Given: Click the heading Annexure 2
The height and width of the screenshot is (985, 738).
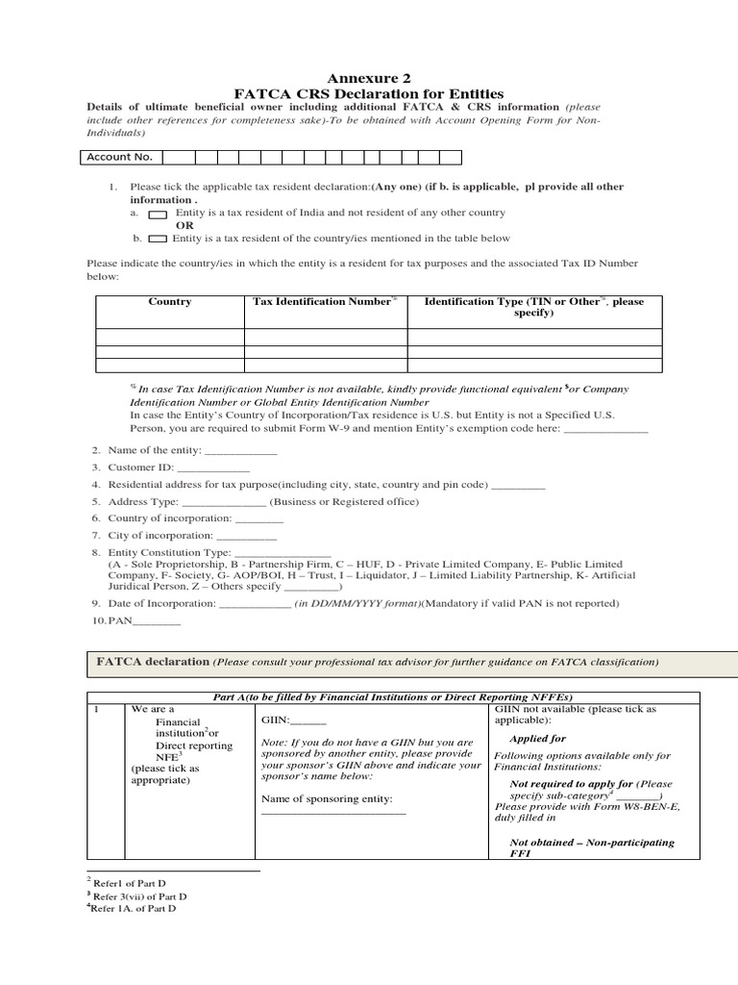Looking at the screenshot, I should pos(369,78).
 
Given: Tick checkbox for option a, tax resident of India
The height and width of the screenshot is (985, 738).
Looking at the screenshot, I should pos(158,214).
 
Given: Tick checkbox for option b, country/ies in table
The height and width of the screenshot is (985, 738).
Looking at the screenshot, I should pos(158,239).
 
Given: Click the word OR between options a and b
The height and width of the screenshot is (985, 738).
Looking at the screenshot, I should pos(184,225).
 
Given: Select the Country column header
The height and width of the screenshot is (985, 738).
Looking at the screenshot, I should pos(169,302).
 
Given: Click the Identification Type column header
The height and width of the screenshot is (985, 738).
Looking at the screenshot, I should pos(534,307).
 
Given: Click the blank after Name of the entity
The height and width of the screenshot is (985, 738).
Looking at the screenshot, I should pos(241,451).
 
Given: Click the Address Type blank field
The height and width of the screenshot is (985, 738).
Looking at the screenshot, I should pos(223,502).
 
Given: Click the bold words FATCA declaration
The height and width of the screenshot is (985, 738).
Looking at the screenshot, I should pos(153,662).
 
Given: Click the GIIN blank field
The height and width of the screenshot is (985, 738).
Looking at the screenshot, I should pos(308,720).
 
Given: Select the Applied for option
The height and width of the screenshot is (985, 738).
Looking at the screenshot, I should pos(537,739).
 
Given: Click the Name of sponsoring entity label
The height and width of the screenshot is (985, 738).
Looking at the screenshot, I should pos(327,799).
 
